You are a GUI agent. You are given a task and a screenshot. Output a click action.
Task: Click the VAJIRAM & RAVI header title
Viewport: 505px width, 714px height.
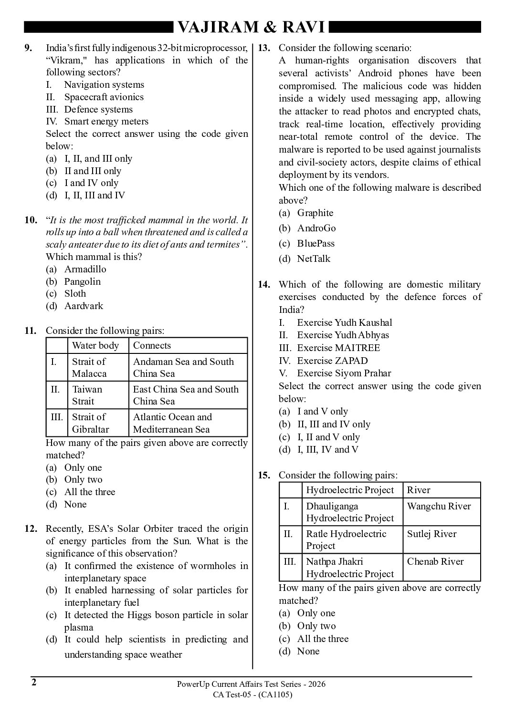coord(251,27)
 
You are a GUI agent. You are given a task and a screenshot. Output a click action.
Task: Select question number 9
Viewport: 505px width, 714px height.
coord(28,48)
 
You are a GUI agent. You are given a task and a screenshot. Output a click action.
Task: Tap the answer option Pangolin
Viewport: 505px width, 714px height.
coord(82,281)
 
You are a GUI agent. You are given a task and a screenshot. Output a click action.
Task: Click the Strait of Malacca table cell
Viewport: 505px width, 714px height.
coord(89,367)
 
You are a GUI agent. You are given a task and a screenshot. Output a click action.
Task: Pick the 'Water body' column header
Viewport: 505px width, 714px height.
coord(95,346)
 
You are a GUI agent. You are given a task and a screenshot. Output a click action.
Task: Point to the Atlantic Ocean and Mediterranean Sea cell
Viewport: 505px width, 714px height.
coord(172,423)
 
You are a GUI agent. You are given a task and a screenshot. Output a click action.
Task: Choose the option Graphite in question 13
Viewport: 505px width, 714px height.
coord(315,213)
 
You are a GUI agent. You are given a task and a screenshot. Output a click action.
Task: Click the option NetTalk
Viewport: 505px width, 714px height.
coord(314,259)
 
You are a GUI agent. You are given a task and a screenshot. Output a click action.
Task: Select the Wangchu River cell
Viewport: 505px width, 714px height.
coord(439,507)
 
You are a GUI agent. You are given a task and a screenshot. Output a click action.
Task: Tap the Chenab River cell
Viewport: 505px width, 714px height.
coord(435,562)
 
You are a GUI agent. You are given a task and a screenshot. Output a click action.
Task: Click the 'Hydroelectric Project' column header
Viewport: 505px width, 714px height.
coord(350,490)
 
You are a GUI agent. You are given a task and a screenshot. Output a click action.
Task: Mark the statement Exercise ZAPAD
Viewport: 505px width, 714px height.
coord(332,361)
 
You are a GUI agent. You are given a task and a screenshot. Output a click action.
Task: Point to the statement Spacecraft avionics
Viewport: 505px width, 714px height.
coord(104,97)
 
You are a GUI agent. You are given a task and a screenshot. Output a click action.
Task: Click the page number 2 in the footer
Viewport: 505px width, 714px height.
coord(34,683)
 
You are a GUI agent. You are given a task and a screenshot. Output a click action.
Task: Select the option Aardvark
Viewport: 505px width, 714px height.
coord(84,306)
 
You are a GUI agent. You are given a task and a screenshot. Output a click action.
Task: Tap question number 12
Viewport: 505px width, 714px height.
coord(31,529)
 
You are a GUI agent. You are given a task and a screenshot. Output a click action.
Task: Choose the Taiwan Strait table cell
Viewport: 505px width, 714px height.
coord(87,395)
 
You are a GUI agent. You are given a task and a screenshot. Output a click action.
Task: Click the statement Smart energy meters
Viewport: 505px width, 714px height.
coord(106,122)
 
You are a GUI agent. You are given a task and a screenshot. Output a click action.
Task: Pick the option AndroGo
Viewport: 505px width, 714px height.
coord(316,228)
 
